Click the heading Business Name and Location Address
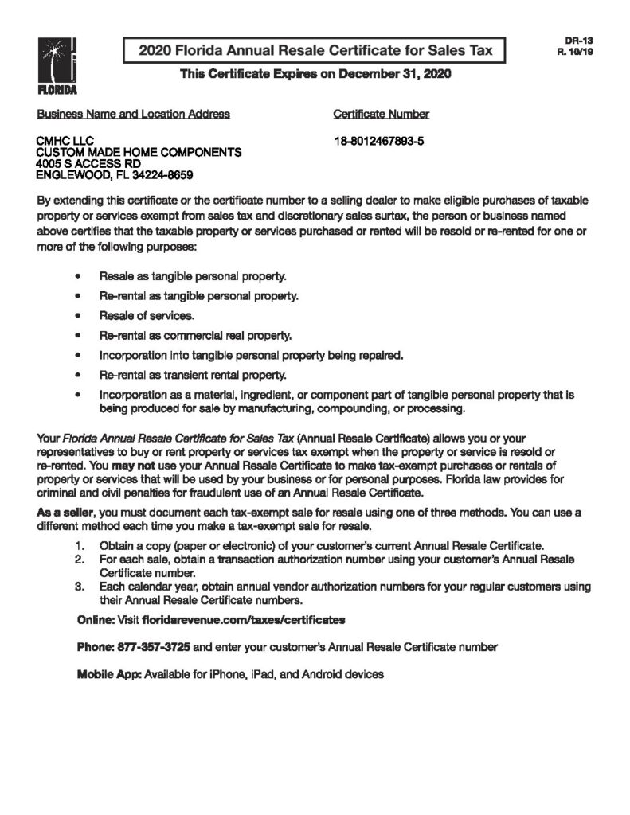point(134,114)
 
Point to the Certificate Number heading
point(381,114)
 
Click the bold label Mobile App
point(108,674)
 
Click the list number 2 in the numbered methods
point(79,560)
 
